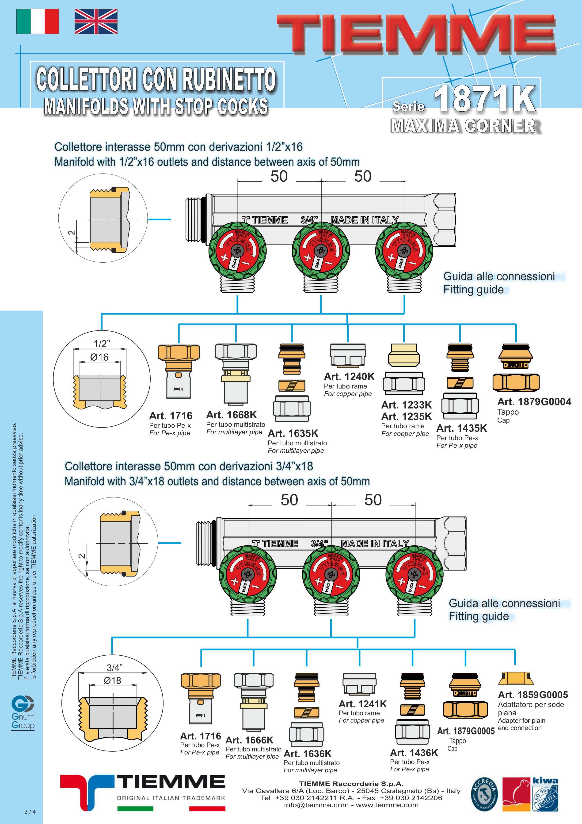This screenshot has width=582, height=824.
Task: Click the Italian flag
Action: [x=38, y=22]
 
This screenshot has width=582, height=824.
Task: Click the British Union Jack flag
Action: [x=96, y=22]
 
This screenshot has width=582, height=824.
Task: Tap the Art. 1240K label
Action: [x=349, y=377]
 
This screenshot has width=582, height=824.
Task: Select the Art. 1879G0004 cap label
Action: [x=534, y=402]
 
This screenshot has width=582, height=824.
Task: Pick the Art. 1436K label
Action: [x=414, y=753]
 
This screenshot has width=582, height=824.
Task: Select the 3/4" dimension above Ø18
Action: [x=115, y=668]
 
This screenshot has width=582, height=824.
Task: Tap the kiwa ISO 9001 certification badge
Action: [x=544, y=794]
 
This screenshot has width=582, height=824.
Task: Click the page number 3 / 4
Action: [x=30, y=812]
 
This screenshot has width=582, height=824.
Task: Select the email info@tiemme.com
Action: [x=316, y=805]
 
